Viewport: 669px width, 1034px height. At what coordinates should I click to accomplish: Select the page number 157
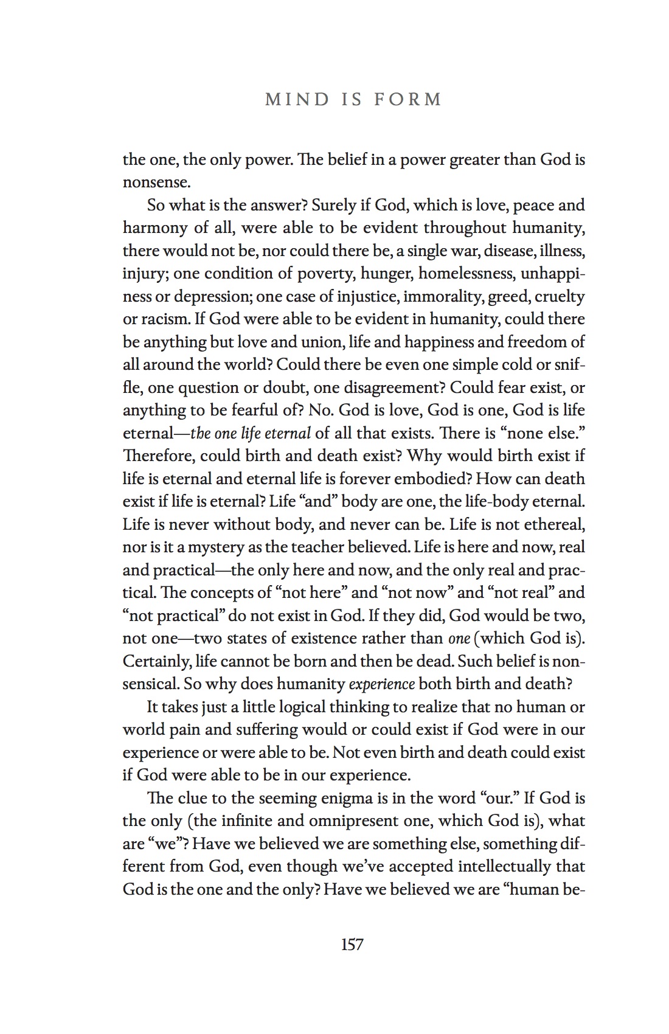pos(352,945)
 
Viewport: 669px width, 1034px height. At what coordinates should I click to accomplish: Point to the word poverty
pos(325,274)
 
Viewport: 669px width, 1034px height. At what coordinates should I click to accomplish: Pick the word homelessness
pos(466,274)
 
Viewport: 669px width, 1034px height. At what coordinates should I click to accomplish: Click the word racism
pos(165,319)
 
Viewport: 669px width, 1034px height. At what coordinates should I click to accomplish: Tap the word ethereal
pos(553,524)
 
